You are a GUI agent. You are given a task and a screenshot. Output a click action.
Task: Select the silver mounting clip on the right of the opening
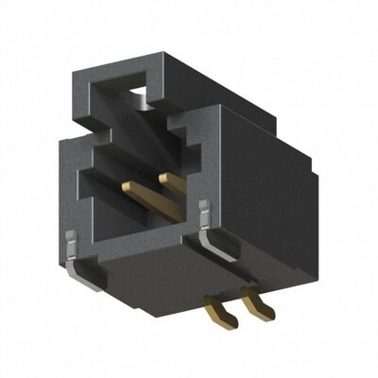coord(209,227)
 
